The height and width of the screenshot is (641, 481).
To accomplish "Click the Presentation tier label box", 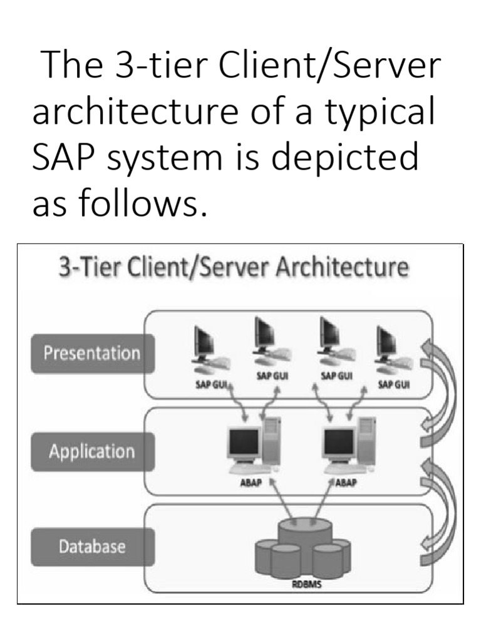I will (92, 353).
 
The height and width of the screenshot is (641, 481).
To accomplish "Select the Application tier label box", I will (92, 451).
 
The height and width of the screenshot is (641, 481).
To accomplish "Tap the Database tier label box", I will (92, 546).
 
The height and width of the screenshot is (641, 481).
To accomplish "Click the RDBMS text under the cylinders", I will (307, 585).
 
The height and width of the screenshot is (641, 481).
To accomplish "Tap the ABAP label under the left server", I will (250, 483).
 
